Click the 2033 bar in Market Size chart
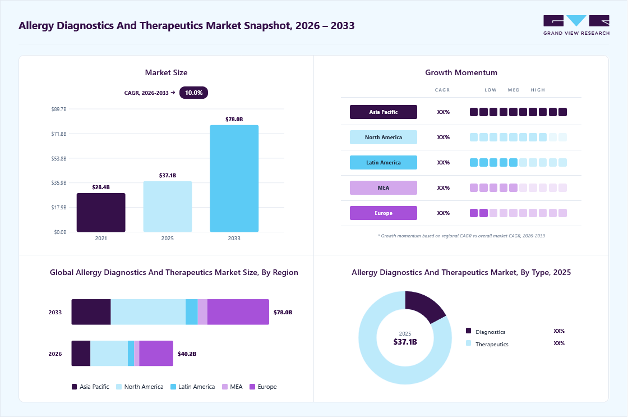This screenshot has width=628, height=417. [234, 178]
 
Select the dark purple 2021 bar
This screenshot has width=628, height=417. [101, 213]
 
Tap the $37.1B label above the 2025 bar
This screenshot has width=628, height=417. [168, 175]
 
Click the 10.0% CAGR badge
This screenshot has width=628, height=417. [193, 93]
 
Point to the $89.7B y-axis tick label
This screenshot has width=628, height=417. [59, 109]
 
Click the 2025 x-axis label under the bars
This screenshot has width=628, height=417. [168, 238]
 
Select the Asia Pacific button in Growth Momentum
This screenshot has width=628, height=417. [384, 112]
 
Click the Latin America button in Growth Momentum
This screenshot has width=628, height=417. [384, 162]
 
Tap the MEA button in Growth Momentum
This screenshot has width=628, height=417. [384, 187]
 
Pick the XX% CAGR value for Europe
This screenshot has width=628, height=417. [444, 213]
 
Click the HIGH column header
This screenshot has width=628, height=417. [538, 90]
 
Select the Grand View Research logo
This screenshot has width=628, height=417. [576, 25]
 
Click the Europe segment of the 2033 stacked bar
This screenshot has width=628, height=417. [238, 312]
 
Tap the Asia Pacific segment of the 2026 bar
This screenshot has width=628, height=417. [81, 353]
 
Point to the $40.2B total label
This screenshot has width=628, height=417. [187, 354]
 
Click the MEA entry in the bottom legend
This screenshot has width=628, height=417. [232, 387]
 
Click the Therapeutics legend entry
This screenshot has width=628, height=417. [487, 344]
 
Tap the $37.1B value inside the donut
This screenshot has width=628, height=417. [405, 342]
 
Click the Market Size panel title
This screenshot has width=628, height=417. [166, 72]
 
